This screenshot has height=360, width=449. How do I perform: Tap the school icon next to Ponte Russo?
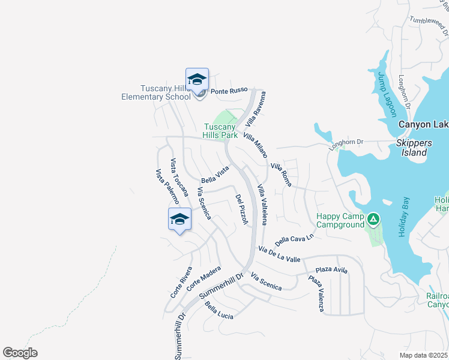[197, 79]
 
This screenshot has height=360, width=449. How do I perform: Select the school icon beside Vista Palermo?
[179, 220]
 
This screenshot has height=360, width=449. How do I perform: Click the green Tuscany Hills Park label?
[220, 131]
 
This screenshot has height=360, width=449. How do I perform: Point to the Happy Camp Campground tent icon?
[373, 220]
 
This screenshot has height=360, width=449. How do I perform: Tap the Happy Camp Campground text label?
[340, 220]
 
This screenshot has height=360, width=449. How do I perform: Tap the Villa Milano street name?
[255, 146]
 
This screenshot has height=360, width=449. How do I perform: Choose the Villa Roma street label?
[280, 174]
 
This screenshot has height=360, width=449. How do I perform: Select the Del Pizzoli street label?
[241, 209]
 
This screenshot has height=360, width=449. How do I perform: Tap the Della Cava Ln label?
[295, 239]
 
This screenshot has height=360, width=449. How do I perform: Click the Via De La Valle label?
[279, 253]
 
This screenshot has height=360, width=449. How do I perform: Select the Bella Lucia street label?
[218, 311]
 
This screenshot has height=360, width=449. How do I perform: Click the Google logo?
[20, 353]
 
